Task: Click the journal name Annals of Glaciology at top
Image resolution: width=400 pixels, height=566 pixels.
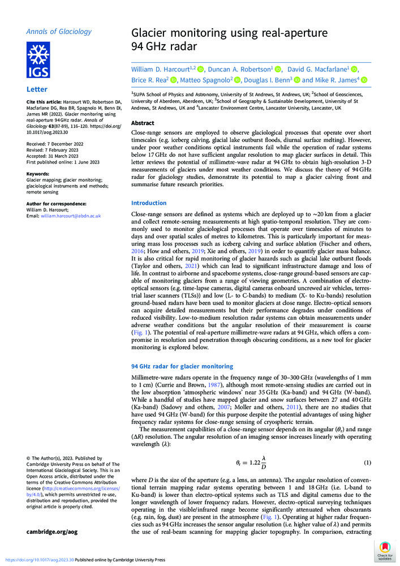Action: click(x=59, y=32)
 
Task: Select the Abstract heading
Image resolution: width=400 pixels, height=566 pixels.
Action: click(x=142, y=123)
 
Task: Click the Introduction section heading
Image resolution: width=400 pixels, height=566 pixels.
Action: click(x=149, y=203)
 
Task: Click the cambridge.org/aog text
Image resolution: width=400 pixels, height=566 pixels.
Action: click(x=51, y=531)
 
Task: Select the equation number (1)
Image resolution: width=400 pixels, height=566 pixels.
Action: click(x=367, y=462)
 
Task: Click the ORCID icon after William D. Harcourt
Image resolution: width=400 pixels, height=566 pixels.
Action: click(x=200, y=69)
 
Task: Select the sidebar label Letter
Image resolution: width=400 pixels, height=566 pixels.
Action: click(x=36, y=89)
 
